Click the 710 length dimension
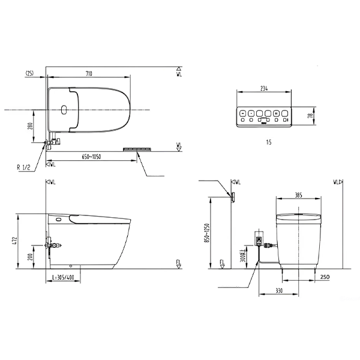click(x=89, y=73)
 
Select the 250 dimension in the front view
click(x=325, y=277)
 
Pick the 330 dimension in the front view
click(x=280, y=291)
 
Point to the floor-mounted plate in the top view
click(x=139, y=148)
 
